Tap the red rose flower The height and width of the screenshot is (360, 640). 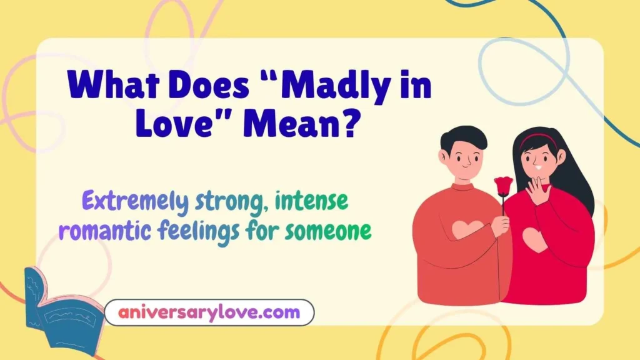coord(503,186)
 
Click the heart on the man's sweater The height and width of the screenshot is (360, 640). coord(468,229)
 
